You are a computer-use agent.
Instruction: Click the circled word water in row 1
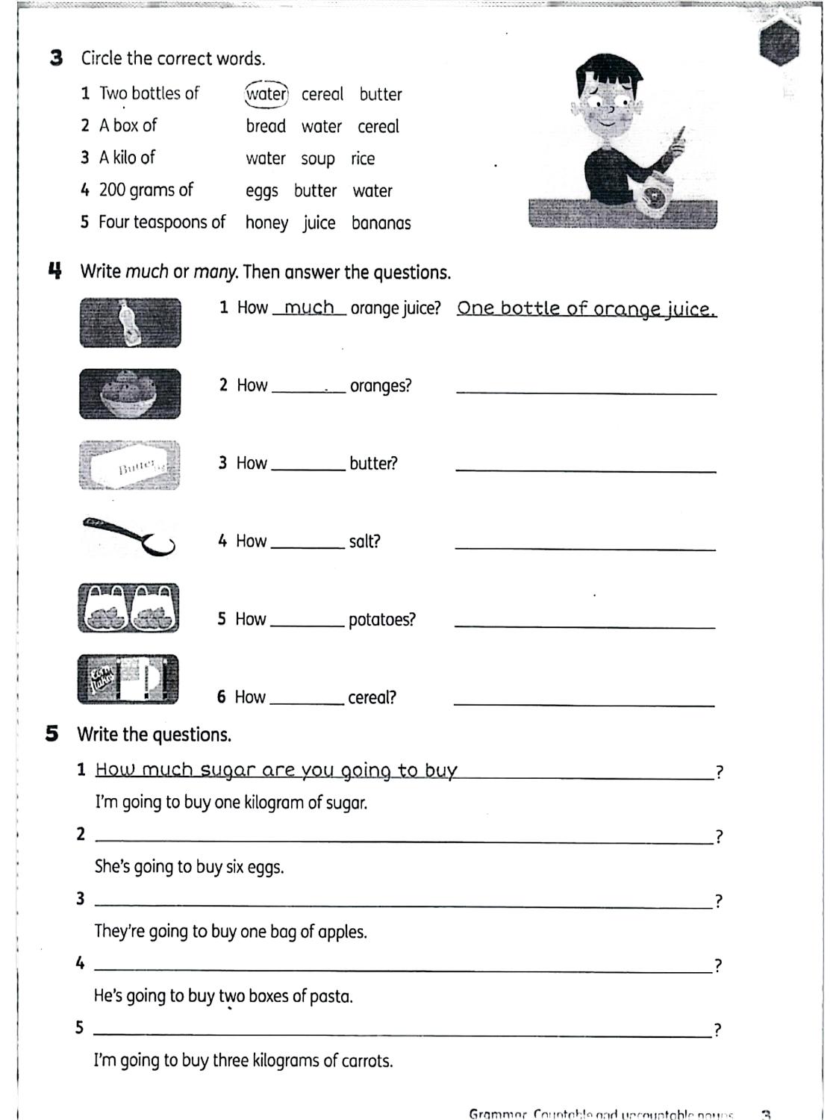[266, 94]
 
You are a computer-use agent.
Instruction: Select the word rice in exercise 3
[363, 158]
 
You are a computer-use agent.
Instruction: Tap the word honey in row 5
[266, 223]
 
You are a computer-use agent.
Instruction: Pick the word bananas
[381, 223]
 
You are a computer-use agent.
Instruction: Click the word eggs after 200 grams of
[262, 191]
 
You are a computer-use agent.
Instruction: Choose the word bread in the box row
[266, 126]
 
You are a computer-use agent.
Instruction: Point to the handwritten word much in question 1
[309, 308]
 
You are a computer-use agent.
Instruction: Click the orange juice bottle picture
[131, 323]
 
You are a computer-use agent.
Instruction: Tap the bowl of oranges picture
[130, 393]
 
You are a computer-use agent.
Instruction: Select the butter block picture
[130, 464]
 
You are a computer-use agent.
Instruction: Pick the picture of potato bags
[128, 608]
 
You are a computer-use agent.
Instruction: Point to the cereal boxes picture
[128, 679]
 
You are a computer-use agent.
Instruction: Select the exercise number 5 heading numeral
[52, 734]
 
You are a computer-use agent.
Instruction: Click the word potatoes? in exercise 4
[381, 620]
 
